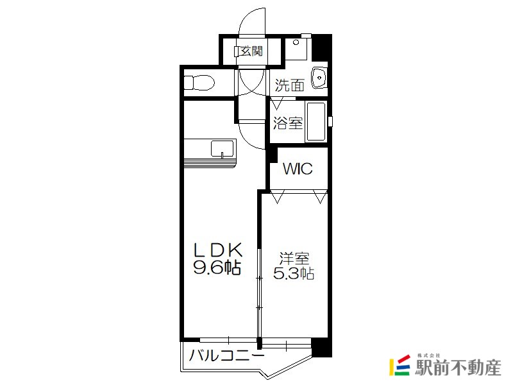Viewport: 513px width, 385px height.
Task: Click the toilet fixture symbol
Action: [199, 83]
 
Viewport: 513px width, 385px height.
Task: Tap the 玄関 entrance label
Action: [251, 51]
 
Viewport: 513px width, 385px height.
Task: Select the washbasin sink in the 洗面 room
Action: [319, 78]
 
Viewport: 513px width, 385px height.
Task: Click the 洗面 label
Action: [290, 85]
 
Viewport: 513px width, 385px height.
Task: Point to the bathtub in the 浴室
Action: [315, 121]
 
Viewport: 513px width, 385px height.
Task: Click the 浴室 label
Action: [288, 123]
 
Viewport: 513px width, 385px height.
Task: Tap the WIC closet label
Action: [298, 169]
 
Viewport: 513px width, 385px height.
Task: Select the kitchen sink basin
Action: [223, 149]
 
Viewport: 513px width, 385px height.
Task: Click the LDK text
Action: [218, 250]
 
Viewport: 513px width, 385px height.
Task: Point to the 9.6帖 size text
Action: [217, 267]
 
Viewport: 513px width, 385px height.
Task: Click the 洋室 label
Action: [294, 259]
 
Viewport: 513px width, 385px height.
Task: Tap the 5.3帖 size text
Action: [294, 273]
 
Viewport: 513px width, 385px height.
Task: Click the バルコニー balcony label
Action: [226, 355]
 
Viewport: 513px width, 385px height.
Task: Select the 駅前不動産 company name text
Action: [458, 368]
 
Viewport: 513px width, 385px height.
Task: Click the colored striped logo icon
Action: [399, 364]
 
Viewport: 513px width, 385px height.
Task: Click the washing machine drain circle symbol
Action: [296, 42]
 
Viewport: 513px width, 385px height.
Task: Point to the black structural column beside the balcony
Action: [322, 348]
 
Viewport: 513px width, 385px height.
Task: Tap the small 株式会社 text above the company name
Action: [429, 355]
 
